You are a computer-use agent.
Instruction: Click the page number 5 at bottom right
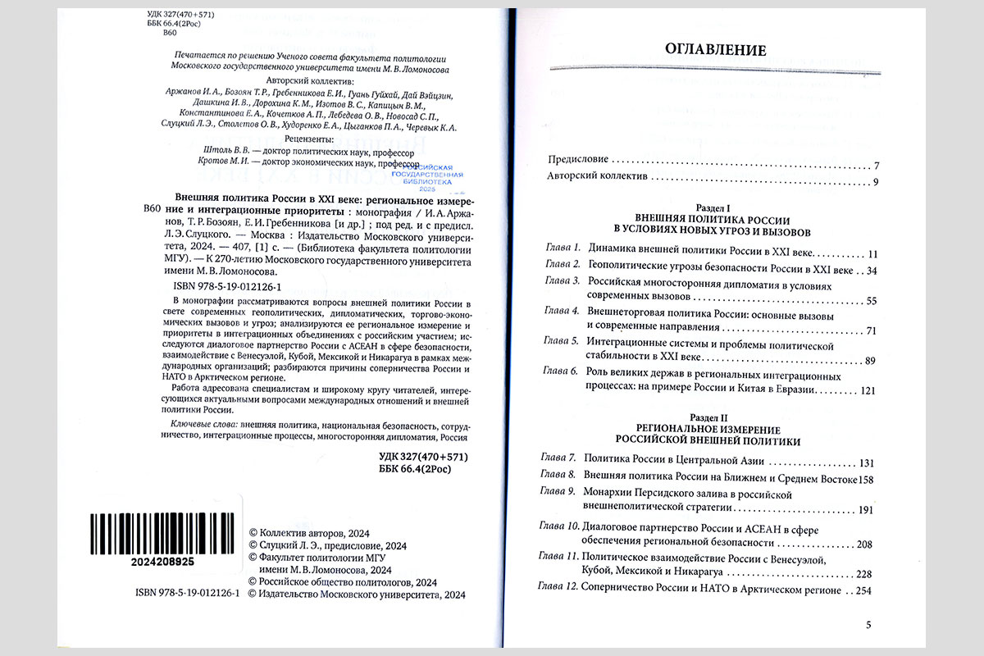[869, 625]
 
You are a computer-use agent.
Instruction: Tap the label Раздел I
[712, 210]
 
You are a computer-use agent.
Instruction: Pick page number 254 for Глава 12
[866, 590]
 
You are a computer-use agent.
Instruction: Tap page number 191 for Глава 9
[866, 510]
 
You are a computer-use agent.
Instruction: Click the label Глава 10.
[559, 529]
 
